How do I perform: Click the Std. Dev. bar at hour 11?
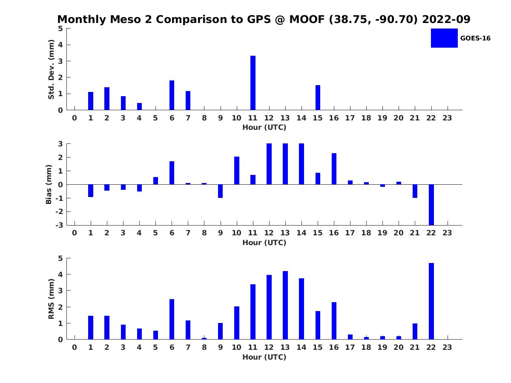click(x=253, y=83)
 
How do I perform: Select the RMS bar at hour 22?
click(x=431, y=301)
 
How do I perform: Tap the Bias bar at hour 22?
click(x=431, y=205)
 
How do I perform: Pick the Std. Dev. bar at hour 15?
click(x=318, y=97)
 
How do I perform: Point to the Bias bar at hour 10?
click(x=237, y=171)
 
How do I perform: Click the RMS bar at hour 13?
click(x=285, y=305)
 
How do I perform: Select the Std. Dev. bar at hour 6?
click(x=172, y=95)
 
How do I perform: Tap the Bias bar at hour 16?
click(x=334, y=169)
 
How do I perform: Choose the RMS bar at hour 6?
click(x=172, y=319)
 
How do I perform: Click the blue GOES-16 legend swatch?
click(x=444, y=38)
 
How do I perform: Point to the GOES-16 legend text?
click(x=475, y=38)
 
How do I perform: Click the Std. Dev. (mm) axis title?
click(x=52, y=69)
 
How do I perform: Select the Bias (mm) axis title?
click(x=49, y=185)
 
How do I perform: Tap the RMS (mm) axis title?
click(x=52, y=299)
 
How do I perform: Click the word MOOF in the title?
click(x=306, y=20)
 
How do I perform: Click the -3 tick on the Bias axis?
click(x=60, y=225)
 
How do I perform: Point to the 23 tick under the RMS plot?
click(x=447, y=347)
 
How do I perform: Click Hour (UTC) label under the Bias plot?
click(x=264, y=243)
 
